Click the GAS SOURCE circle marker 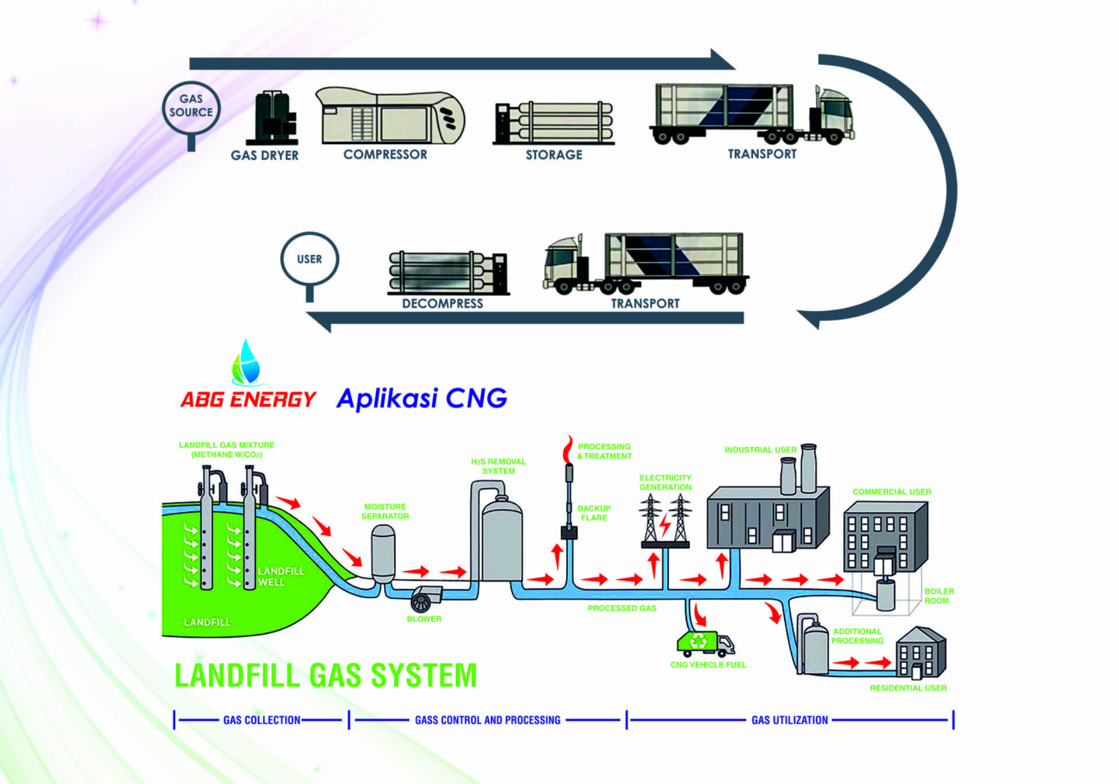191,107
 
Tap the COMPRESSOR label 385,154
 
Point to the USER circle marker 309,259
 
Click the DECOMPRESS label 442,303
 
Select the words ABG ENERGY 248,400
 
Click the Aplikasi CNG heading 421,399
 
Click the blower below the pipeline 424,599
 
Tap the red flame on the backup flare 567,450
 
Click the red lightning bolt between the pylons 664,524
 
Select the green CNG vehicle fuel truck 704,643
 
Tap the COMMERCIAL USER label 892,492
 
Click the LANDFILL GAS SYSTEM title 326,676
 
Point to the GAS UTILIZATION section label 790,721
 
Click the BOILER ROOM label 938,596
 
